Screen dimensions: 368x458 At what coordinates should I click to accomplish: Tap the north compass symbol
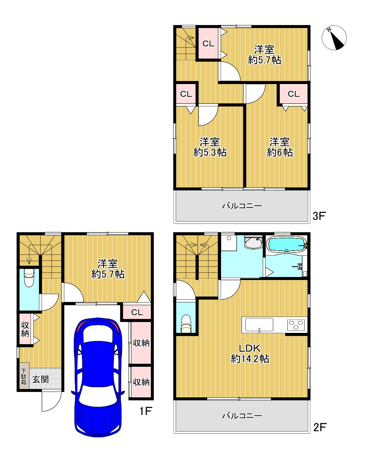click(x=334, y=38)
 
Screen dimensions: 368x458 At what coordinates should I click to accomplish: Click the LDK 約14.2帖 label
click(x=250, y=354)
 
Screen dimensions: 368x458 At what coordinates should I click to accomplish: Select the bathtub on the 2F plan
click(x=287, y=244)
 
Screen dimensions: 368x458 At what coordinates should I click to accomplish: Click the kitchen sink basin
click(x=259, y=324)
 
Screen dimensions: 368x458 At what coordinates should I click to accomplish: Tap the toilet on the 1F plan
click(x=29, y=278)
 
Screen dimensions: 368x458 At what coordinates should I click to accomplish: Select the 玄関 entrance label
click(x=40, y=379)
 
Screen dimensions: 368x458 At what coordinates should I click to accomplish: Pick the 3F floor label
click(x=319, y=216)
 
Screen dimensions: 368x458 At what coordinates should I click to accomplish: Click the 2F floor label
click(x=320, y=427)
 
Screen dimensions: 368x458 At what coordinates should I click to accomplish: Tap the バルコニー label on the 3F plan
click(x=242, y=206)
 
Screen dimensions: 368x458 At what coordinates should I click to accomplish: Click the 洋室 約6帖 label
click(x=280, y=147)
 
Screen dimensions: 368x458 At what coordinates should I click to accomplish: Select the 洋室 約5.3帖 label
click(x=210, y=147)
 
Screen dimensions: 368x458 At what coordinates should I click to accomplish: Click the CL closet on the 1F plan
click(x=137, y=312)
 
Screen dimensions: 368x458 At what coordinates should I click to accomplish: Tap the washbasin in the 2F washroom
click(x=253, y=243)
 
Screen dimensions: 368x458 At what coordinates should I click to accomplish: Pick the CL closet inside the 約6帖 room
click(x=294, y=94)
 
